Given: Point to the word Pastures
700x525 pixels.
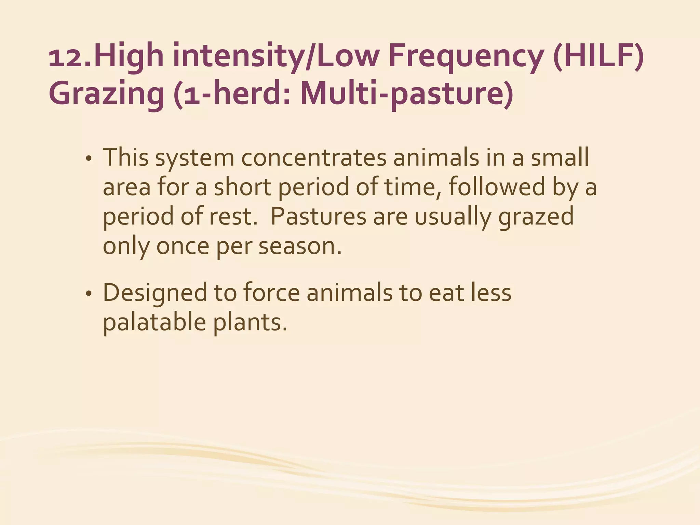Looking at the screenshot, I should (318, 216).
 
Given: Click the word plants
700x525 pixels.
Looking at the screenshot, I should (250, 322).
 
